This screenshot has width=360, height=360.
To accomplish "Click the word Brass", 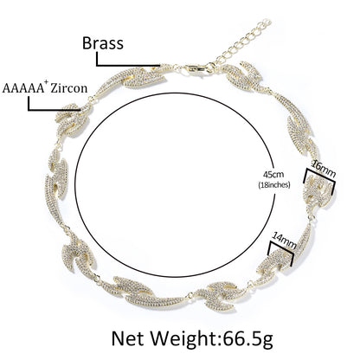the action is pyautogui.click(x=103, y=43).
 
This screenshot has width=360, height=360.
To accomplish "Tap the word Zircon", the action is pyautogui.click(x=68, y=87).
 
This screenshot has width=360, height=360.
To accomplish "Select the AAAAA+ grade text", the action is pyautogui.click(x=23, y=87).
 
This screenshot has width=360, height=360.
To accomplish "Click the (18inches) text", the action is pyautogui.click(x=273, y=185).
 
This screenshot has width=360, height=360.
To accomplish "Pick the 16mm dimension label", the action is pyautogui.click(x=325, y=170).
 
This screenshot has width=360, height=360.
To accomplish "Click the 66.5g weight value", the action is pyautogui.click(x=247, y=339).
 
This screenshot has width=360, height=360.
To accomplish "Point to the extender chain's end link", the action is pyautogui.click(x=266, y=22).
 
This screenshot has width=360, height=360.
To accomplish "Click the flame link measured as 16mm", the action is pyautogui.click(x=318, y=193).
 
